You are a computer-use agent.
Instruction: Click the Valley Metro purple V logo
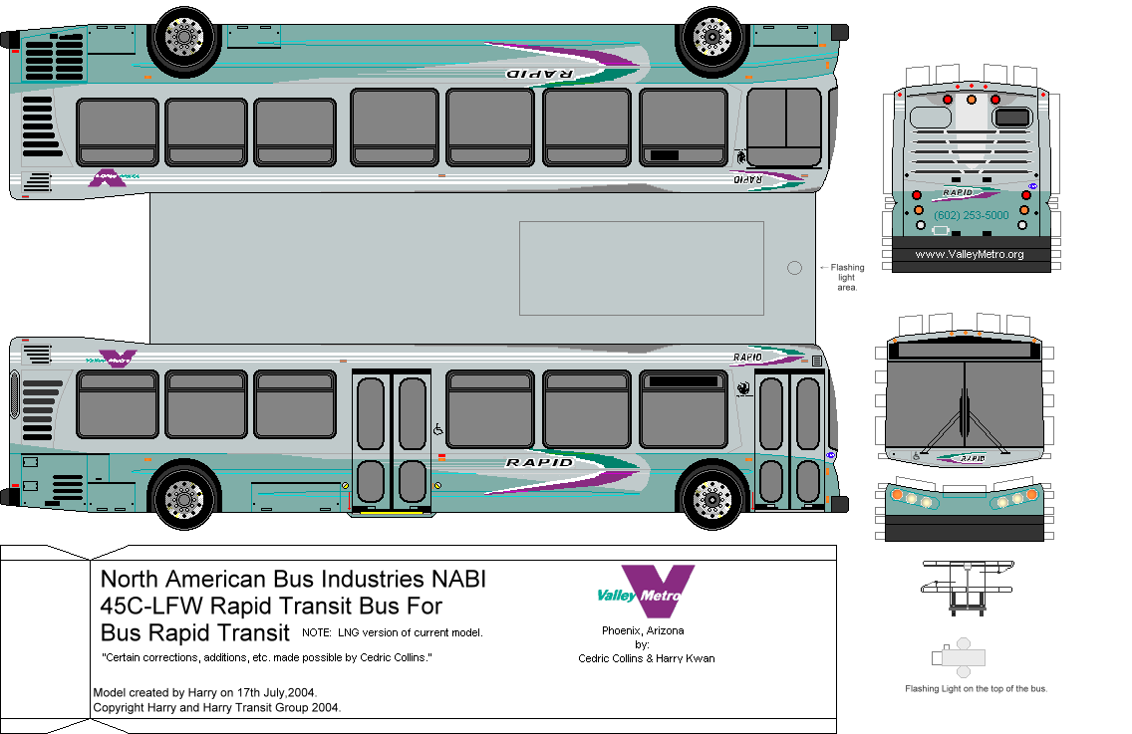coord(657,590)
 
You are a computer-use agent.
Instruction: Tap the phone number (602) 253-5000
coord(971,215)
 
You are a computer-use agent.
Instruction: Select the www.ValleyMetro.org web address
coord(970,255)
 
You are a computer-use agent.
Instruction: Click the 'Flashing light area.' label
coord(847,277)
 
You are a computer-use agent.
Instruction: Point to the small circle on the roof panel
coord(794,268)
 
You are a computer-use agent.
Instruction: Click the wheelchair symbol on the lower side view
coord(437,429)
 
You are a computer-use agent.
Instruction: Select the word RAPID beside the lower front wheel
coord(539,462)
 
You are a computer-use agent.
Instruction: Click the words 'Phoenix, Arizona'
coord(643,630)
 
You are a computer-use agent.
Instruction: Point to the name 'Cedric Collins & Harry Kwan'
coord(646,658)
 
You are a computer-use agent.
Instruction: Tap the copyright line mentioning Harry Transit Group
coord(216,707)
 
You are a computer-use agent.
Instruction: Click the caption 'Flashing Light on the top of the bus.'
coord(976,688)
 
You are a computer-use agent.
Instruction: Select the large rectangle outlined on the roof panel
coord(641,267)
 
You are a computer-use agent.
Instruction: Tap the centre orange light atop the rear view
coord(971,100)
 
